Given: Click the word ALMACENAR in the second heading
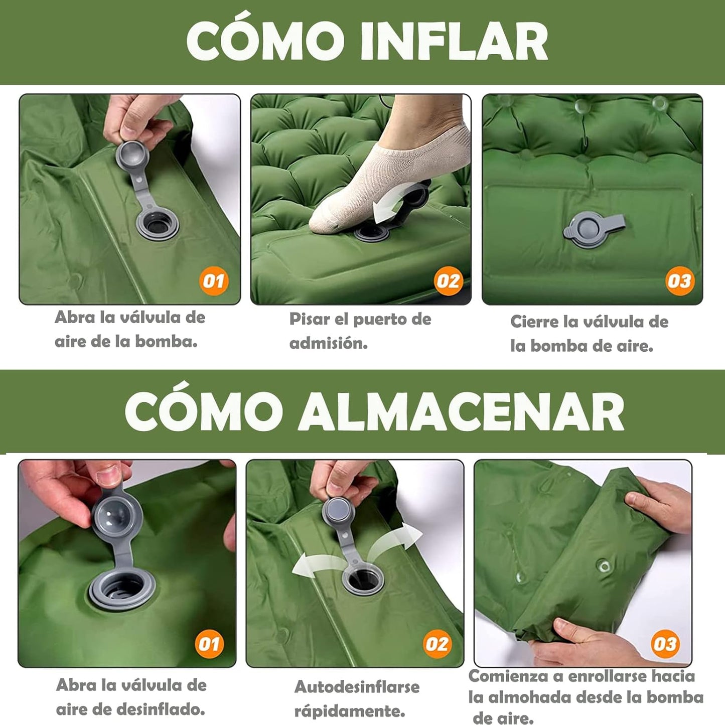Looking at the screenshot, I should pyautogui.click(x=461, y=412).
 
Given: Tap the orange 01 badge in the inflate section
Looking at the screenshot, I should pyautogui.click(x=214, y=281).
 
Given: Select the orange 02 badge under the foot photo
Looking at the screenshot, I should pyautogui.click(x=448, y=281).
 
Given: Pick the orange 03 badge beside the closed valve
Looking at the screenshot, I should pyautogui.click(x=679, y=281).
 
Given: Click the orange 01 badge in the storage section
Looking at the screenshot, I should pyautogui.click(x=209, y=644).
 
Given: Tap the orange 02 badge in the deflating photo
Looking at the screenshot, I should pyautogui.click(x=437, y=644).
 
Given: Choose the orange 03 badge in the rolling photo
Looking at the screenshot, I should pyautogui.click(x=665, y=644).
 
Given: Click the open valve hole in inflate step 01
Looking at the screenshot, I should pyautogui.click(x=158, y=223).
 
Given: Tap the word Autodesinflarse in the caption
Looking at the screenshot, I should pyautogui.click(x=357, y=687).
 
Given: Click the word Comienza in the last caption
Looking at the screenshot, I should pyautogui.click(x=508, y=676).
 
